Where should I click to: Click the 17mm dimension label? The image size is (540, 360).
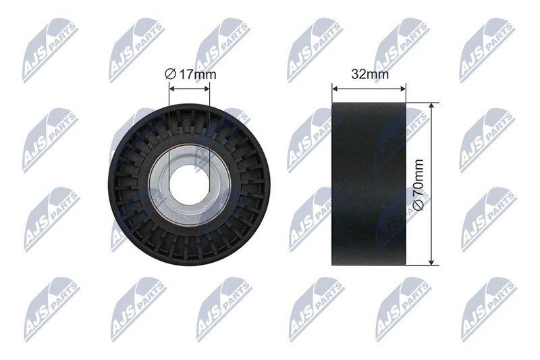[x=197, y=74]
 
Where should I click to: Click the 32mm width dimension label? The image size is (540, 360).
[x=370, y=74]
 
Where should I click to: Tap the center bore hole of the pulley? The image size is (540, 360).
[x=189, y=185]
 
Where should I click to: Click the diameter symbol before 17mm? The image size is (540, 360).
[x=171, y=74]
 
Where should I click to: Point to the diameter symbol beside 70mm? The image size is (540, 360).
[x=418, y=205]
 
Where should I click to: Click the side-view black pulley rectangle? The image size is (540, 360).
[x=369, y=184]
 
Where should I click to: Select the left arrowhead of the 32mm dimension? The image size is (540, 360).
[x=335, y=89]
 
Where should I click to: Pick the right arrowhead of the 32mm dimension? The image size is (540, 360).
[x=402, y=89]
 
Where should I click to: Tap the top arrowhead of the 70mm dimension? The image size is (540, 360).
[x=431, y=106]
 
